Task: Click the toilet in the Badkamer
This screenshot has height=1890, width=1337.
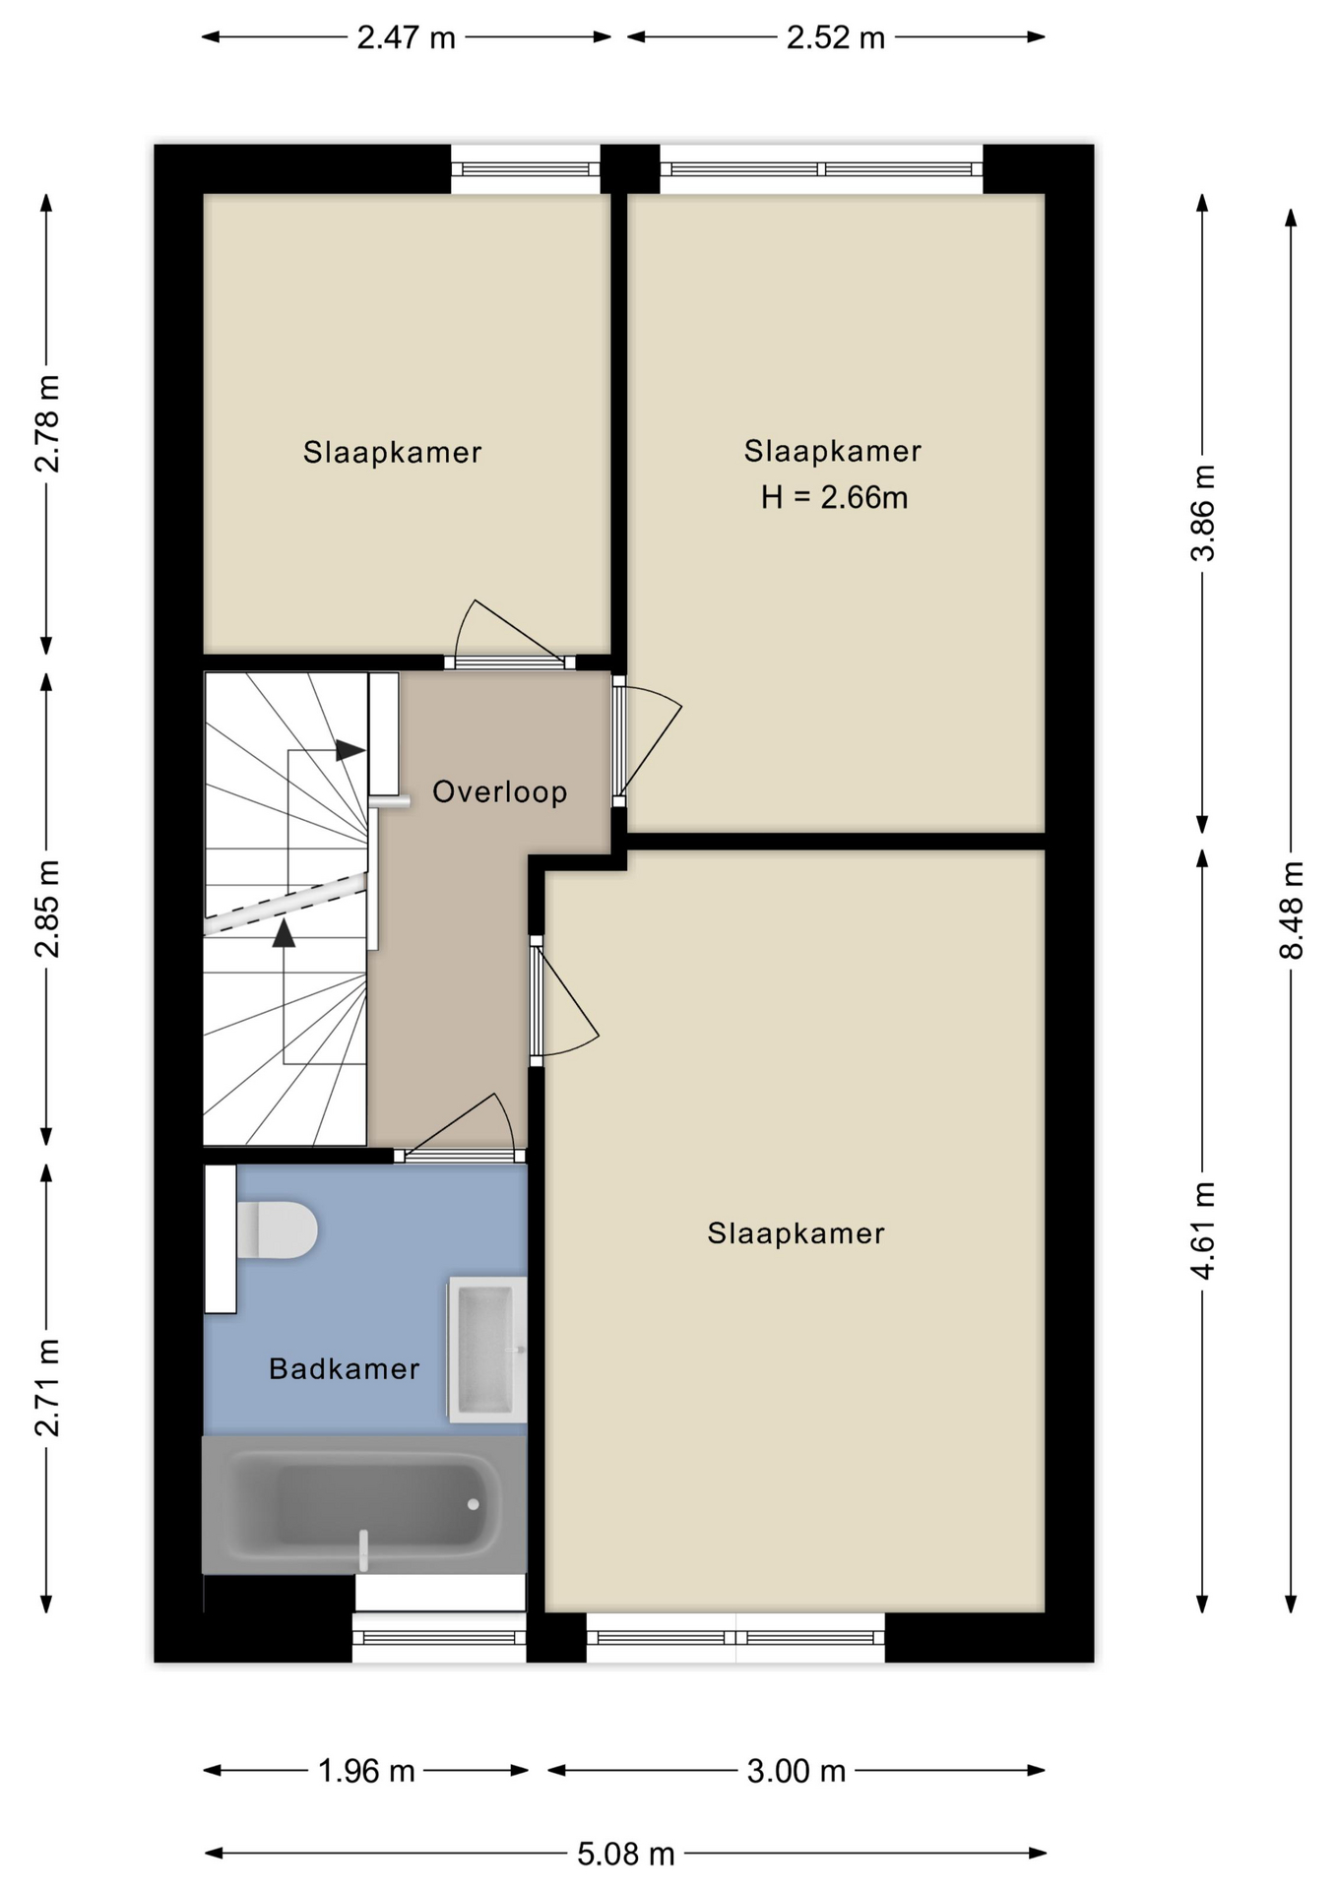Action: (x=277, y=1229)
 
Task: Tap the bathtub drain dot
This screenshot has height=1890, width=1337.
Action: (x=473, y=1504)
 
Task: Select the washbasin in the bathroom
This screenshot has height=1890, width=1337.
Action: (x=487, y=1350)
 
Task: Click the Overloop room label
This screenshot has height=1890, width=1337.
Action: (x=500, y=792)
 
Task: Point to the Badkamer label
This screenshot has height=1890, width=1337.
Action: (x=345, y=1368)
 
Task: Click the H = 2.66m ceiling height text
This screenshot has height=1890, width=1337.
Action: (x=834, y=498)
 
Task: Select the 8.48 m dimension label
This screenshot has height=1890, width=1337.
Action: (x=1291, y=911)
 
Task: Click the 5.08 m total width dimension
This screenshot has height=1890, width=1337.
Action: (x=626, y=1855)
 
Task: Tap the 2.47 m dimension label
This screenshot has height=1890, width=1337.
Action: (x=406, y=37)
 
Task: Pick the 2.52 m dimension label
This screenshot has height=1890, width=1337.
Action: (x=836, y=37)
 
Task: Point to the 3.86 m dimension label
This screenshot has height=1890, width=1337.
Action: (x=1203, y=513)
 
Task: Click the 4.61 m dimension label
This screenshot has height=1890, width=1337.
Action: (x=1203, y=1230)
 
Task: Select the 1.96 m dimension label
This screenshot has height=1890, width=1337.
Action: (x=366, y=1771)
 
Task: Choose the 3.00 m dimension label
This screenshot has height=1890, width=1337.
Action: (x=796, y=1771)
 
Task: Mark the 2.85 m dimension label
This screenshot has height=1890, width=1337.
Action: (x=47, y=909)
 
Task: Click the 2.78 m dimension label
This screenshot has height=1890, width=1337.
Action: (x=47, y=423)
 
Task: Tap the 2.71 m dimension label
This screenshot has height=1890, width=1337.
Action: (x=47, y=1387)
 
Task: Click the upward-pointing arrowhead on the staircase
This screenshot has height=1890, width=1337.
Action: (x=284, y=933)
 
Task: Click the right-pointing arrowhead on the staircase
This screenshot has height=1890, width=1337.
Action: (x=350, y=750)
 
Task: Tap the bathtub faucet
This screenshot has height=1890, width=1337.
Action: (x=363, y=1550)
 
